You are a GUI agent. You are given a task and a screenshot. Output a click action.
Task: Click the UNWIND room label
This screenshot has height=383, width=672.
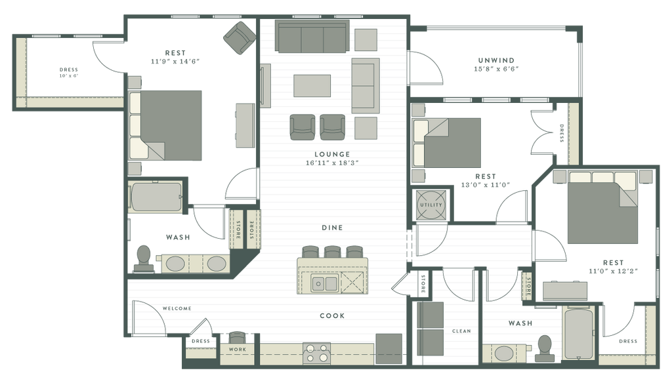tap(496, 60)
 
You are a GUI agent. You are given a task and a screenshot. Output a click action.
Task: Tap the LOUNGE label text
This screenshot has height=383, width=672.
tap(332, 154)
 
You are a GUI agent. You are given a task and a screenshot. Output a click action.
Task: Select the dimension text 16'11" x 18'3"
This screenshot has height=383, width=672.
tap(332, 163)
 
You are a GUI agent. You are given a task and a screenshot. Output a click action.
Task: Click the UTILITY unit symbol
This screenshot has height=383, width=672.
tap(431, 205)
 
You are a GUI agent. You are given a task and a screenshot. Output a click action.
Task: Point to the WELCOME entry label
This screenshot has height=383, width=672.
tap(177, 308)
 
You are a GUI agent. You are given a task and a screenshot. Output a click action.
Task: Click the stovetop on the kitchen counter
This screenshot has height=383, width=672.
tap(317, 353)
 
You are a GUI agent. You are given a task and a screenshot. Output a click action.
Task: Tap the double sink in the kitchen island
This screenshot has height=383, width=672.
tap(324, 283)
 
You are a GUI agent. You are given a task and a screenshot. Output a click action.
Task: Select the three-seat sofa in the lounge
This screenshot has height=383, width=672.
tap(312, 37)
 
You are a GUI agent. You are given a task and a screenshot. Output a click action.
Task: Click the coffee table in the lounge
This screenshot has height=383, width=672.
tap(312, 86)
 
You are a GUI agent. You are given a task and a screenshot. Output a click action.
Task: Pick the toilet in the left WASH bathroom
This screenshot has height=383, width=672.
tap(144, 259)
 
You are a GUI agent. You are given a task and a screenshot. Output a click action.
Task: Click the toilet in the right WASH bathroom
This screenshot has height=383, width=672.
tap(545, 348)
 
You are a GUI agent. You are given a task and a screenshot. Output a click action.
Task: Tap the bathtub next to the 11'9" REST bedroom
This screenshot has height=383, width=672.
tap(156, 197)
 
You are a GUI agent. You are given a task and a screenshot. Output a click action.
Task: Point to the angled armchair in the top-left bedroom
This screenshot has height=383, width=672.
tap(240, 37)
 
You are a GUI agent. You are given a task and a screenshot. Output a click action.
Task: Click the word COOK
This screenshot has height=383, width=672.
tap(332, 315)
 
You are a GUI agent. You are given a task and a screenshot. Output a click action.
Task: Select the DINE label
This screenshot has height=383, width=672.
tap(332, 228)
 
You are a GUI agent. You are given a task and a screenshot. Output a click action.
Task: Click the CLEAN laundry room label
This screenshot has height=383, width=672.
tap(461, 331)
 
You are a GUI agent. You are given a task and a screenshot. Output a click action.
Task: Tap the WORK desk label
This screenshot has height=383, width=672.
tap(238, 350)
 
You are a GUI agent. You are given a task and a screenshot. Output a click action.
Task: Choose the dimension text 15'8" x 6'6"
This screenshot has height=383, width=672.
tap(496, 69)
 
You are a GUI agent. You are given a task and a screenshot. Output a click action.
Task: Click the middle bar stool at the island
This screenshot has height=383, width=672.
tap(333, 252)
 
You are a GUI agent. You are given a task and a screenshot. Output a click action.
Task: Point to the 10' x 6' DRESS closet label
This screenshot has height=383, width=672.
tap(68, 72)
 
